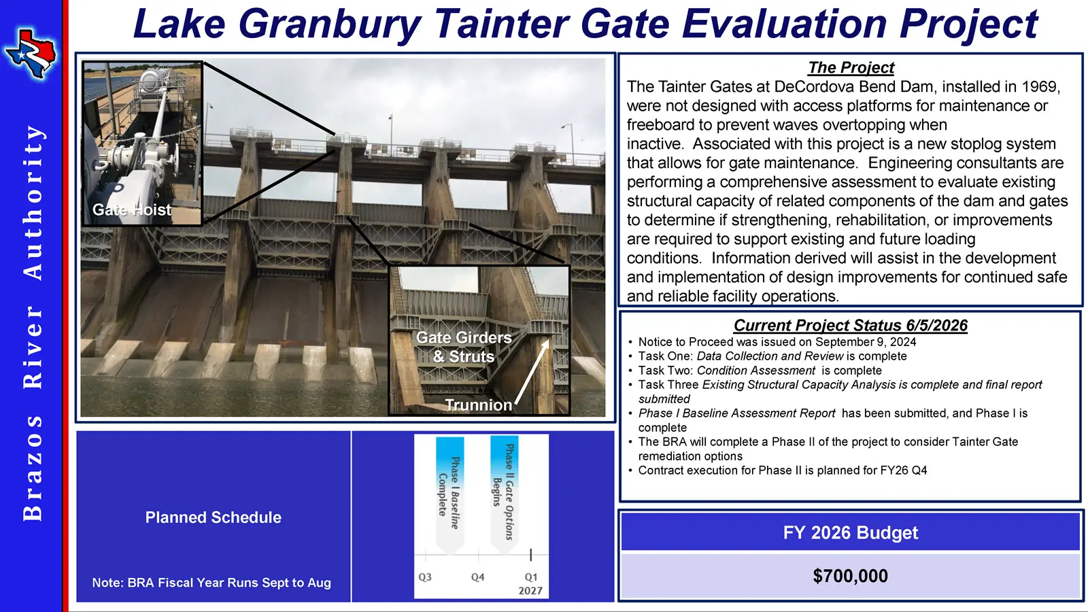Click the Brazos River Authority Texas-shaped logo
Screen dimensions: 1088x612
30,54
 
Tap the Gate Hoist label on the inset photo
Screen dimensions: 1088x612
132,210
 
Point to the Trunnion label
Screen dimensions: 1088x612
479,405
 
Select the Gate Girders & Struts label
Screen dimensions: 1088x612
464,347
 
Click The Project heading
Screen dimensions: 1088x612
851,67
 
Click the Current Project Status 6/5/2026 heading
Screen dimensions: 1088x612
851,325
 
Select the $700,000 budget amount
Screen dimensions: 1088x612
851,576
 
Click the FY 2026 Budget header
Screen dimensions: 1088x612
851,533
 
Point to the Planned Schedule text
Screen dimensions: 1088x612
214,517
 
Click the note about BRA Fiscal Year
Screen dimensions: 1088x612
211,582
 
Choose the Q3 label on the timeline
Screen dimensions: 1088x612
425,577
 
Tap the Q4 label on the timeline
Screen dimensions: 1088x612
478,577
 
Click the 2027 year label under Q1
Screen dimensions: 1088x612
530,591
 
